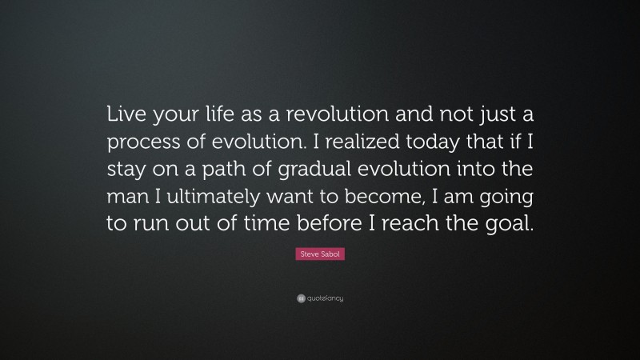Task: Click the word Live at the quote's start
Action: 126,115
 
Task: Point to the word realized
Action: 366,142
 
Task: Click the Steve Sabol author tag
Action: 320,254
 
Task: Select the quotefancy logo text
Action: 324,298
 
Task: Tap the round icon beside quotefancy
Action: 300,298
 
